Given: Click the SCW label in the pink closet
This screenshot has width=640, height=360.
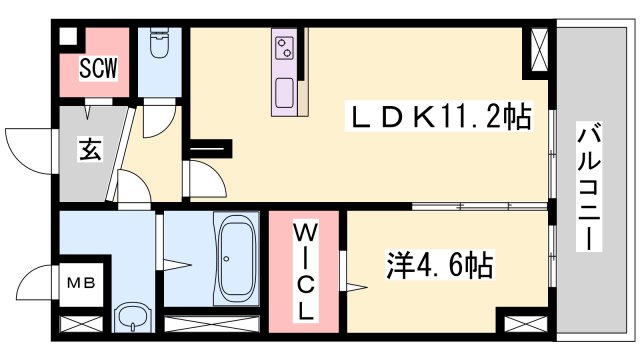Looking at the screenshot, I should coord(100,69).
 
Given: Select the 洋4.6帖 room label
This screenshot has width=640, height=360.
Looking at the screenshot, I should coord(440,266).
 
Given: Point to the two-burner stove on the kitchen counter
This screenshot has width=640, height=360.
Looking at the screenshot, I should coord(284,46).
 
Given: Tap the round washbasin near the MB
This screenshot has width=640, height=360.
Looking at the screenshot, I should coord(131,317).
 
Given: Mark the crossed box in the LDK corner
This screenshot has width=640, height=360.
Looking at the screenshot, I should coord(540,48).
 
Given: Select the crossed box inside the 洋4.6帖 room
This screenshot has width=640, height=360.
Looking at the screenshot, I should coord(526,324).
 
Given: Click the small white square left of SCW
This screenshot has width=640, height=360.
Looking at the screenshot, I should coord(68,37).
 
